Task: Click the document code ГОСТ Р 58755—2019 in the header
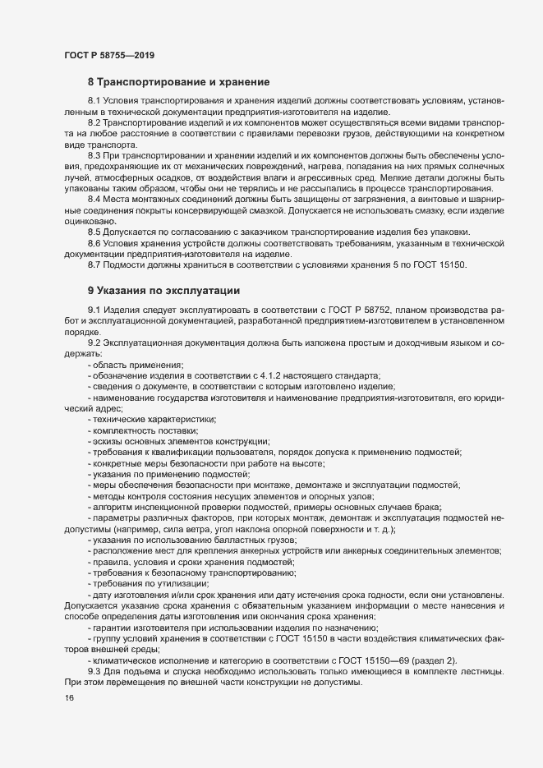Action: click(109, 56)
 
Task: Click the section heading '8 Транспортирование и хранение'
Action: click(184, 82)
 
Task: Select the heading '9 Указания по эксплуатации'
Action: click(168, 290)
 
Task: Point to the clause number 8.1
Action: click(94, 101)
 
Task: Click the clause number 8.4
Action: click(94, 177)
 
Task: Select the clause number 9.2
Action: click(94, 341)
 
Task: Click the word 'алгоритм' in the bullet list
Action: click(115, 506)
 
